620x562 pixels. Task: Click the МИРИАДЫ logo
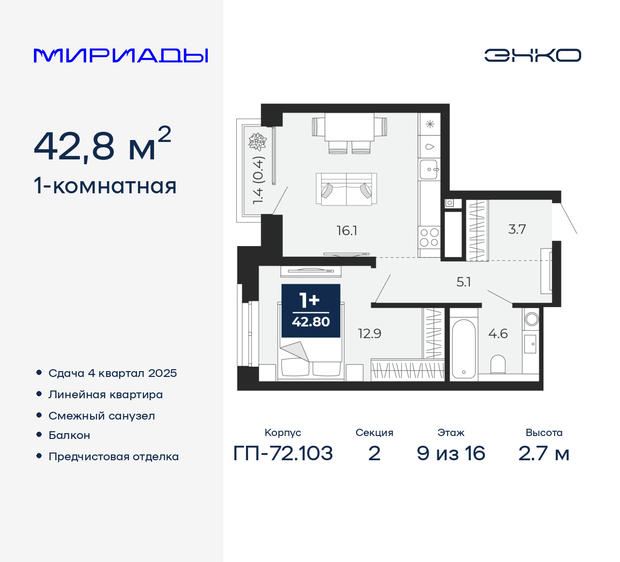click(121, 56)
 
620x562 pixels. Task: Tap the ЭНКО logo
click(532, 55)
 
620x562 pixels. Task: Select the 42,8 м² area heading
click(102, 145)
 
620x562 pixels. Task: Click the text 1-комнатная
click(105, 186)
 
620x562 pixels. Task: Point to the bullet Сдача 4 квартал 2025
click(112, 373)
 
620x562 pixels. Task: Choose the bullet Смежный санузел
click(102, 416)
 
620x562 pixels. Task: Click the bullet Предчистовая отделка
click(113, 456)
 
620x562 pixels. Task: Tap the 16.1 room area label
click(347, 231)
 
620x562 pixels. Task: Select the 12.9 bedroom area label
click(370, 333)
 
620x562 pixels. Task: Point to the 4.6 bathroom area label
click(498, 333)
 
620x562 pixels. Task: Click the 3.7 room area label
click(517, 229)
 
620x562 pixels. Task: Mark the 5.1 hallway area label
click(464, 281)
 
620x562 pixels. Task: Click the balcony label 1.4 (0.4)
click(258, 180)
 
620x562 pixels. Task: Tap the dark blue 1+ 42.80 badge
click(311, 311)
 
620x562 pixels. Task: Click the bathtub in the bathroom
click(464, 348)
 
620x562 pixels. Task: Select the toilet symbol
click(498, 364)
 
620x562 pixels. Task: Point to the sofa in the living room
click(346, 189)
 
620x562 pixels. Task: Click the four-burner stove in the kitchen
click(429, 237)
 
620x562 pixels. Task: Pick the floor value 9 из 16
click(450, 453)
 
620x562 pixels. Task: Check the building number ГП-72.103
click(283, 453)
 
